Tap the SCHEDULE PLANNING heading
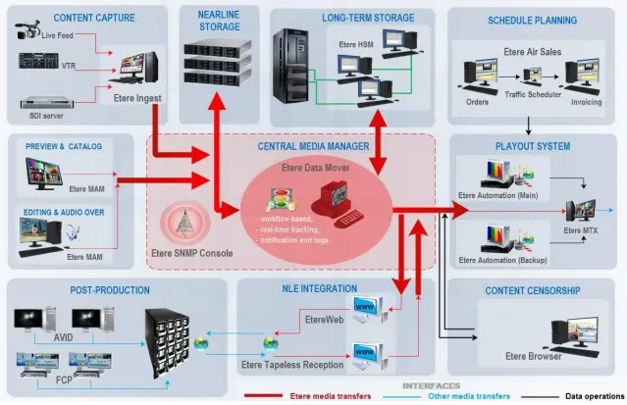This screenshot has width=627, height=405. tap(531, 20)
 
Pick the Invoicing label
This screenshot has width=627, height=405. tap(585, 101)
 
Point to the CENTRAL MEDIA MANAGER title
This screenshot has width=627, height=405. tap(313, 147)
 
